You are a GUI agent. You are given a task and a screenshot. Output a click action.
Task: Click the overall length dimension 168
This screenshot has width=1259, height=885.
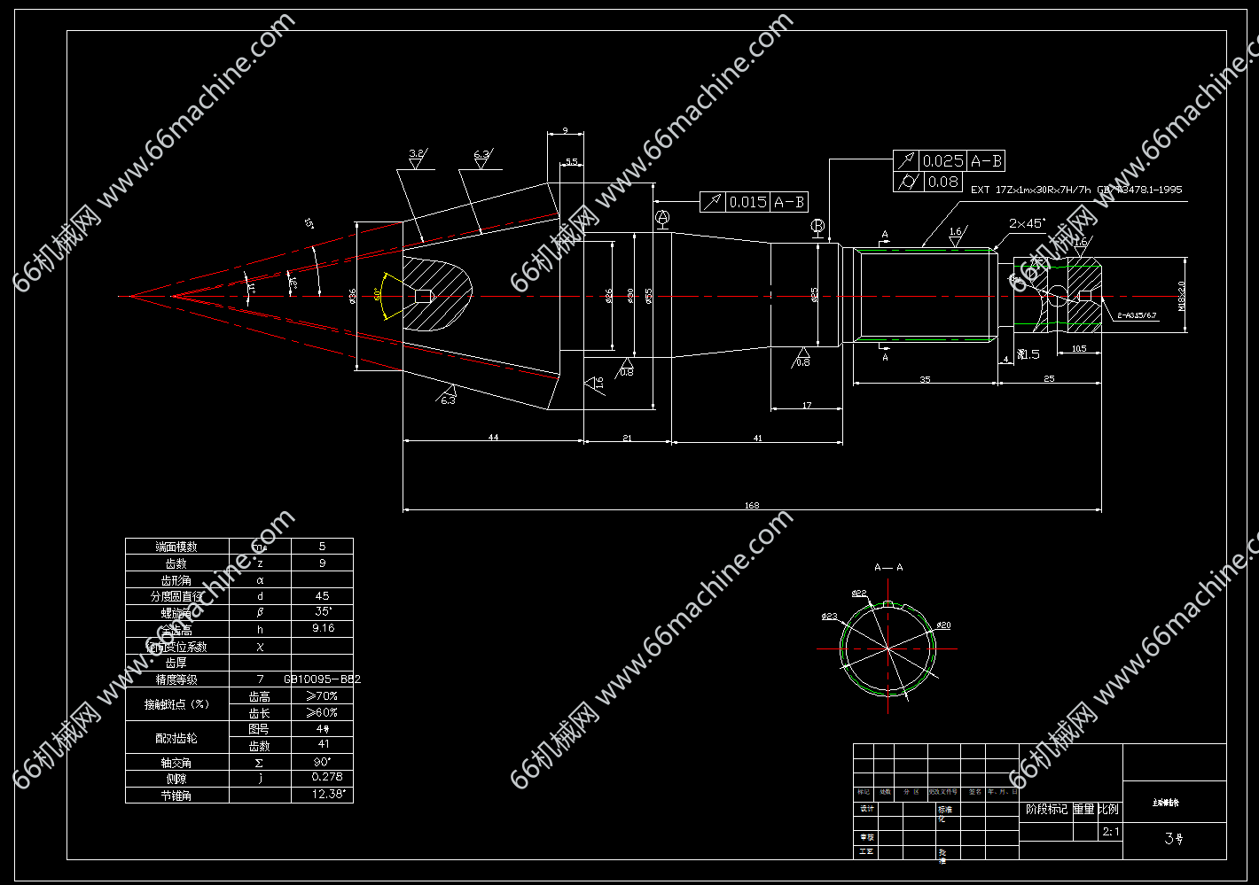click(x=752, y=506)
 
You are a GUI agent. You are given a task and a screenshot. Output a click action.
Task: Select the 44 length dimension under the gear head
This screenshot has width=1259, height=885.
click(x=493, y=438)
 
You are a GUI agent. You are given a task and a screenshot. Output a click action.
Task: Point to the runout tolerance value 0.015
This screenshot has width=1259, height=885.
click(x=747, y=203)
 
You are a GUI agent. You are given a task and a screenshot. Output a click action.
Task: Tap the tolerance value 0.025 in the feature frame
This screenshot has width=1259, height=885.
click(x=942, y=161)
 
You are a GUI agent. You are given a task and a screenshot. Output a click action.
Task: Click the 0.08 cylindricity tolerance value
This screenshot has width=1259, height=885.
click(x=942, y=182)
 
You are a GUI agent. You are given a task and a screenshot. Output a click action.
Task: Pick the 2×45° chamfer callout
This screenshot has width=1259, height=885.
click(x=1027, y=223)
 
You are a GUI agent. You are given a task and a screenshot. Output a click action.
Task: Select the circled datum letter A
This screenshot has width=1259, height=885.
click(x=661, y=217)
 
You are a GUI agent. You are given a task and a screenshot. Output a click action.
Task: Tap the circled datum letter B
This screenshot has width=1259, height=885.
click(x=817, y=226)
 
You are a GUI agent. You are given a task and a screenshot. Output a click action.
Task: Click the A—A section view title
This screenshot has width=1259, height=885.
click(x=888, y=567)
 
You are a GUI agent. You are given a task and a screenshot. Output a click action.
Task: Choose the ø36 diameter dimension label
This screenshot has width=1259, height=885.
click(x=353, y=296)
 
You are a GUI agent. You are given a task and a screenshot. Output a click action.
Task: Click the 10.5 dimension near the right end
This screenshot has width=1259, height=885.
click(x=1079, y=349)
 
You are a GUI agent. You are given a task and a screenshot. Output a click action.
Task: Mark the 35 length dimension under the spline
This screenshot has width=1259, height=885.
click(x=925, y=379)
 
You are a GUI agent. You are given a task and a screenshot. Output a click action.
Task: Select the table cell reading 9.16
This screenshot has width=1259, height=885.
click(x=323, y=628)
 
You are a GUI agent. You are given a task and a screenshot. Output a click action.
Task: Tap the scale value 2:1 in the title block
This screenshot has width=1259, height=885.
click(x=1110, y=832)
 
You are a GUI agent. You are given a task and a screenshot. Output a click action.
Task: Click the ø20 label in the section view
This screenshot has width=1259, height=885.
click(x=943, y=625)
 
